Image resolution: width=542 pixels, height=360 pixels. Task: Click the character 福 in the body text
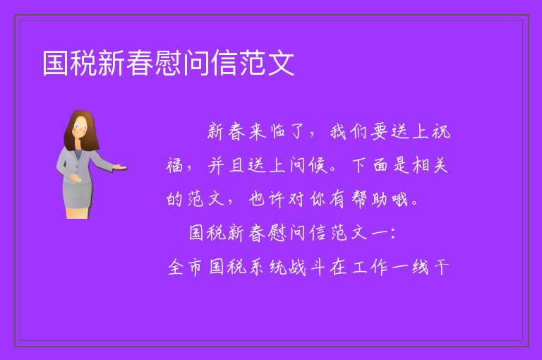(x=174, y=165)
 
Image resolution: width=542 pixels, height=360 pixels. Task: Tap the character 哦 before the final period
(x=399, y=199)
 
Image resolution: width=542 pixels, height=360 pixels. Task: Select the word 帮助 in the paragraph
(x=369, y=199)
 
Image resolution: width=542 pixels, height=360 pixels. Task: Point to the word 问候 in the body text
(x=308, y=165)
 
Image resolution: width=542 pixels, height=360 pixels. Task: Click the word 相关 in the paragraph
(x=430, y=165)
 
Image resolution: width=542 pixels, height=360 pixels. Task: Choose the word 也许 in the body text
(x=267, y=199)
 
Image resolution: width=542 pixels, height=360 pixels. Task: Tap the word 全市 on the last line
(x=185, y=268)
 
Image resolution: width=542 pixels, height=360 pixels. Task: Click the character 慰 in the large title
(x=169, y=63)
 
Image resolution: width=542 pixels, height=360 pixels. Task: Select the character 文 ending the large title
(x=281, y=63)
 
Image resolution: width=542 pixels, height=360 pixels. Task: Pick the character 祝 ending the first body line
(x=441, y=132)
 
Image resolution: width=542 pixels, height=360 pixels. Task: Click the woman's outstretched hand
(x=119, y=167)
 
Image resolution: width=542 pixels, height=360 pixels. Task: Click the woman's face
(x=80, y=126)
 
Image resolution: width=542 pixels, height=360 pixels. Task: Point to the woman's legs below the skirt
(x=77, y=212)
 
